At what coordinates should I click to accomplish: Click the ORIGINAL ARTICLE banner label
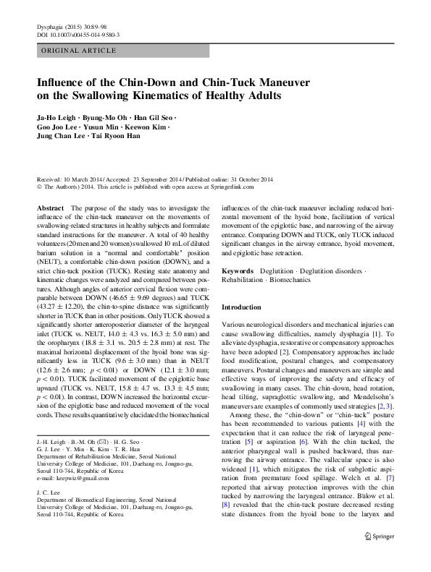click(x=78, y=51)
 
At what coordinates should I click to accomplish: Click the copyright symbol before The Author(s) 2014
click(x=39, y=186)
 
